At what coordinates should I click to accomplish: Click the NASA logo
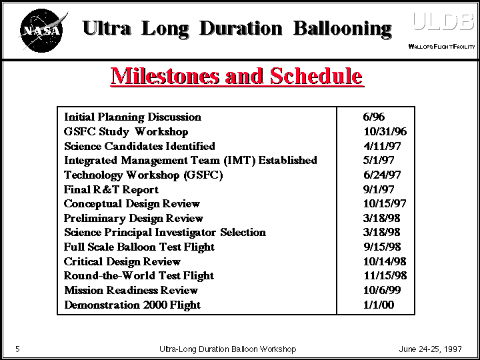pyautogui.click(x=42, y=30)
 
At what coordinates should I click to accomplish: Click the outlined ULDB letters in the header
pyautogui.click(x=443, y=22)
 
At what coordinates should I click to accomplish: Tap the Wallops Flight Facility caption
pyautogui.click(x=441, y=47)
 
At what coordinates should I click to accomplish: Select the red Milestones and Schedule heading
pyautogui.click(x=237, y=76)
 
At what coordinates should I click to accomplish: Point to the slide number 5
pyautogui.click(x=18, y=349)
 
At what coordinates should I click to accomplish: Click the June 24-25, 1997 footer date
pyautogui.click(x=431, y=349)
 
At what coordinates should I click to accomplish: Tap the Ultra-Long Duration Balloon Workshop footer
pyautogui.click(x=228, y=349)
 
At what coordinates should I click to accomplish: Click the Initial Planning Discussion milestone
pyautogui.click(x=133, y=117)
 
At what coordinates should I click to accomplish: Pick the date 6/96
pyautogui.click(x=374, y=117)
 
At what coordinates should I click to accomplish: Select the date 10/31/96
pyautogui.click(x=385, y=131)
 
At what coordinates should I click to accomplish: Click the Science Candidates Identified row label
pyautogui.click(x=139, y=146)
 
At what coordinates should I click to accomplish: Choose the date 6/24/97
pyautogui.click(x=382, y=175)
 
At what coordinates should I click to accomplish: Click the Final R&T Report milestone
pyautogui.click(x=111, y=189)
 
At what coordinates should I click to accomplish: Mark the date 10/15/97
pyautogui.click(x=385, y=203)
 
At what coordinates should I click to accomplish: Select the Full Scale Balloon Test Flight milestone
pyautogui.click(x=139, y=247)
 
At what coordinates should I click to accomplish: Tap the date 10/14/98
pyautogui.click(x=385, y=261)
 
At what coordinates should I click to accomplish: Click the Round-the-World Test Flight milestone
pyautogui.click(x=139, y=276)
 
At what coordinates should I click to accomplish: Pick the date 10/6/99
pyautogui.click(x=382, y=290)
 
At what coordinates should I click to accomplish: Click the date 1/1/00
pyautogui.click(x=379, y=305)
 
